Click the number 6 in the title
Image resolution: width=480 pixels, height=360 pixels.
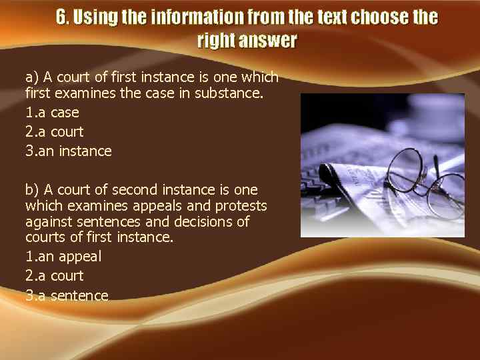[x=61, y=17]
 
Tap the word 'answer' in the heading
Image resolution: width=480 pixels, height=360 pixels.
[x=267, y=41]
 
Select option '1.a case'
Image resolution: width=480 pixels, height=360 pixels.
[x=52, y=112]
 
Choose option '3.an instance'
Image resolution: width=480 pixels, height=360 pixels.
[x=69, y=151]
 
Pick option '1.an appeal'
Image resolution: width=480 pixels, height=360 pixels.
[x=63, y=256]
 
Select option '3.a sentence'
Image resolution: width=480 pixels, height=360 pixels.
[x=67, y=295]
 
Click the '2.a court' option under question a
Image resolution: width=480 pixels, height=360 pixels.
[x=55, y=132]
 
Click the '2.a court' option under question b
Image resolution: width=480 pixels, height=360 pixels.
[x=55, y=276]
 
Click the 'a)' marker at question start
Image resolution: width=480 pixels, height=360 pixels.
[x=32, y=77]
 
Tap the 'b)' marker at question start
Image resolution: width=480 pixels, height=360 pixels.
[x=32, y=190]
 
